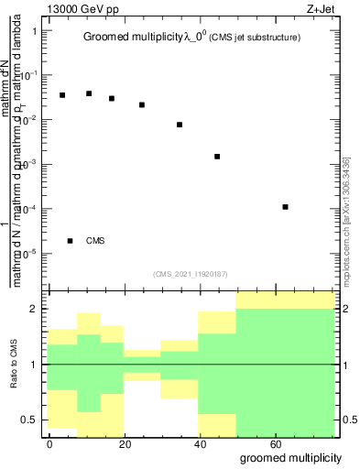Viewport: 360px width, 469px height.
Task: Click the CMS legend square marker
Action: (x=71, y=241)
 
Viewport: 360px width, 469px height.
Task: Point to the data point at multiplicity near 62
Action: (x=286, y=207)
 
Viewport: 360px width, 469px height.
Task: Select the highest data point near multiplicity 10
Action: (x=89, y=93)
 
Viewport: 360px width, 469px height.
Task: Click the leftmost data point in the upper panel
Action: (x=62, y=95)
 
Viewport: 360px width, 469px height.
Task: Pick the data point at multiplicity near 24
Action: (x=142, y=104)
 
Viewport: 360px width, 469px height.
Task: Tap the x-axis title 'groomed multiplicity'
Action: (x=290, y=456)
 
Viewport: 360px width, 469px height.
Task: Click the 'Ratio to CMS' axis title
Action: (x=15, y=365)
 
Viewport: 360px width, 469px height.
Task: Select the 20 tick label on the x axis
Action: (x=124, y=443)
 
